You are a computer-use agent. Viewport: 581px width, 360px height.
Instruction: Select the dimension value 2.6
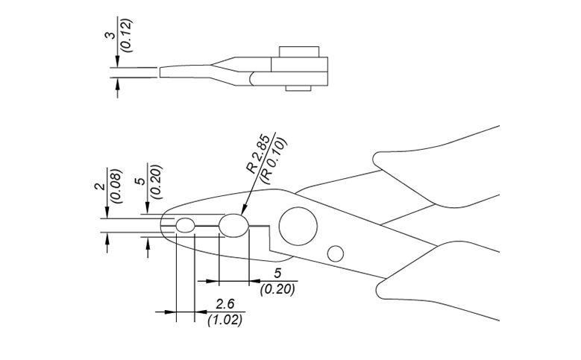pos(224,304)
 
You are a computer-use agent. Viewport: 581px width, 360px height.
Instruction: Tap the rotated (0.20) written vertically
pos(155,182)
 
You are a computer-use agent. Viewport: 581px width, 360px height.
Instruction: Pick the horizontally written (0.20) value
pos(277,288)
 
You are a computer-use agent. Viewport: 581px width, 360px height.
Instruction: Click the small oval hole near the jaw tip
pos(184,224)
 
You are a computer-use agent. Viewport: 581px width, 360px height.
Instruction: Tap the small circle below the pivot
pos(336,253)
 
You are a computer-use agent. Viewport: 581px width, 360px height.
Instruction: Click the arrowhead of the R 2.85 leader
pos(244,213)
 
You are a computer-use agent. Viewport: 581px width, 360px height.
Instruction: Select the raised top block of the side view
pos(299,52)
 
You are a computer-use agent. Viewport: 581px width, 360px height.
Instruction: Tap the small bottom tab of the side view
pos(299,89)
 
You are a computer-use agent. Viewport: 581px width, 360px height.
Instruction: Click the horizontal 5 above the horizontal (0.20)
pos(277,274)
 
